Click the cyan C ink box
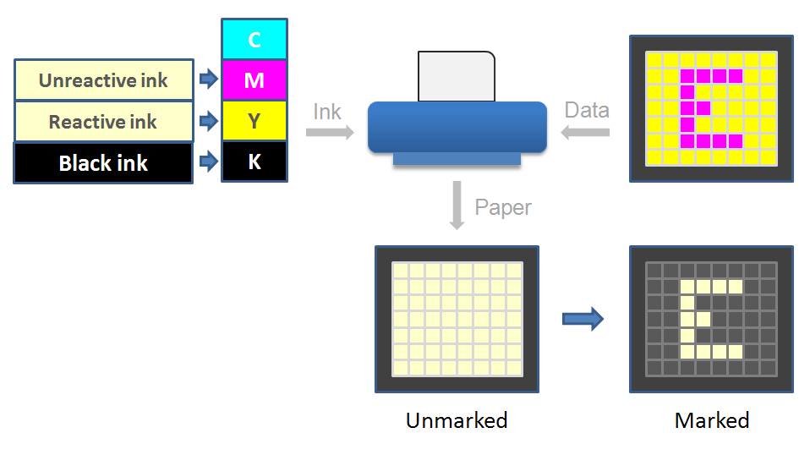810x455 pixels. click(254, 39)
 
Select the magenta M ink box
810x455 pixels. click(254, 80)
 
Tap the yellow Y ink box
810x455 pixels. click(254, 121)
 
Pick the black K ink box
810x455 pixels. click(254, 162)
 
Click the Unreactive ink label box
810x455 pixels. click(103, 80)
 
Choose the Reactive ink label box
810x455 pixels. click(103, 122)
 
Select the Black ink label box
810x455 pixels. click(103, 163)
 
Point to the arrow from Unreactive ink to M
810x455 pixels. click(208, 80)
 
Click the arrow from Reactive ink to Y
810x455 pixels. click(208, 122)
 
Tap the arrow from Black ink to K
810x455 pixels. click(208, 162)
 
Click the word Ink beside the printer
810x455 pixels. click(327, 111)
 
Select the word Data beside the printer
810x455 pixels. click(587, 110)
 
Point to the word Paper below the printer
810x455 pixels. click(503, 207)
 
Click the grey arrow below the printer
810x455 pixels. click(457, 205)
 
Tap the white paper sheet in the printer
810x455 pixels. click(457, 76)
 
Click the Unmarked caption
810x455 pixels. click(457, 420)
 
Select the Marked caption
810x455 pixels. click(712, 420)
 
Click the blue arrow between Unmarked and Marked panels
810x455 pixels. click(583, 319)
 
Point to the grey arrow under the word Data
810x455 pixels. click(587, 132)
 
